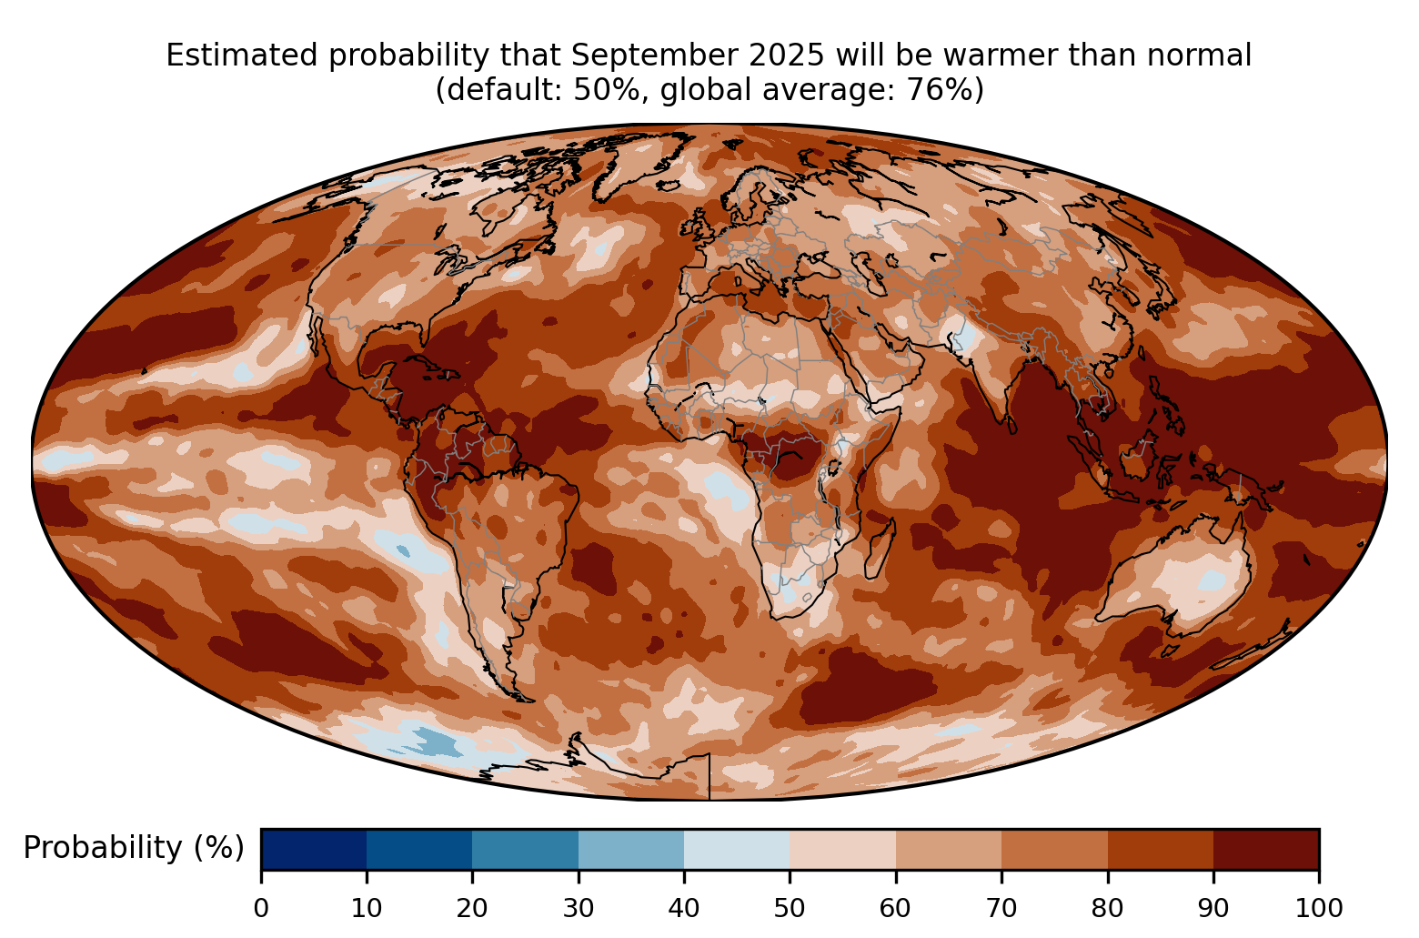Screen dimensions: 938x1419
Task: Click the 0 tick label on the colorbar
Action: click(261, 907)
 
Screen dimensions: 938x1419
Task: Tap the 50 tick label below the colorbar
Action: click(790, 907)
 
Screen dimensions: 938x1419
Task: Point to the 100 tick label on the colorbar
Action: click(1318, 907)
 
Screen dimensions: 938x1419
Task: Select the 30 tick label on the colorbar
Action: click(579, 907)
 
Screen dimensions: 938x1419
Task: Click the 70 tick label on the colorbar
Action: click(1001, 907)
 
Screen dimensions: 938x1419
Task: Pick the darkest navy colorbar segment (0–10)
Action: click(314, 849)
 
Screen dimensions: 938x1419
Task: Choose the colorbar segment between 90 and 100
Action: click(1266, 849)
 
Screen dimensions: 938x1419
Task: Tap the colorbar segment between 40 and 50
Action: click(737, 849)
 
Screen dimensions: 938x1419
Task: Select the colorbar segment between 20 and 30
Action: click(526, 849)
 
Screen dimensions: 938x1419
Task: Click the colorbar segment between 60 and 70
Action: click(949, 849)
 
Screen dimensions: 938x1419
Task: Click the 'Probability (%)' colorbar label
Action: click(134, 848)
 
